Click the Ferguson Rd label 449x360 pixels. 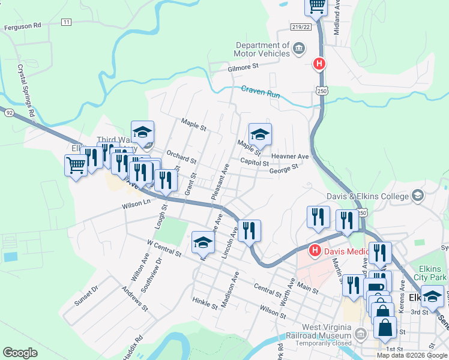pyautogui.click(x=22, y=26)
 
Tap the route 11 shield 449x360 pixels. pyautogui.click(x=66, y=22)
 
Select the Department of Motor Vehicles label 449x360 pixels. pyautogui.click(x=263, y=49)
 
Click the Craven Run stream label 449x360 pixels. pyautogui.click(x=261, y=92)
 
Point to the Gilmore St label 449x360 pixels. pyautogui.click(x=243, y=68)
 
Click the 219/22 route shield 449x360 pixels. pyautogui.click(x=301, y=27)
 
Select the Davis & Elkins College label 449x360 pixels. pyautogui.click(x=368, y=196)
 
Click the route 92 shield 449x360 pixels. pyautogui.click(x=8, y=112)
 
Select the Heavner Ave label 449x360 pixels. pyautogui.click(x=289, y=157)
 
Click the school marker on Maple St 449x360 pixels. pyautogui.click(x=260, y=134)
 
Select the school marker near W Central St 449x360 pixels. pyautogui.click(x=203, y=242)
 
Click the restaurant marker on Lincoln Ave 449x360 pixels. pyautogui.click(x=249, y=230)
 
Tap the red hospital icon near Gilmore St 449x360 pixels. pyautogui.click(x=320, y=63)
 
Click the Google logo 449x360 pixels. pyautogui.click(x=20, y=353)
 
